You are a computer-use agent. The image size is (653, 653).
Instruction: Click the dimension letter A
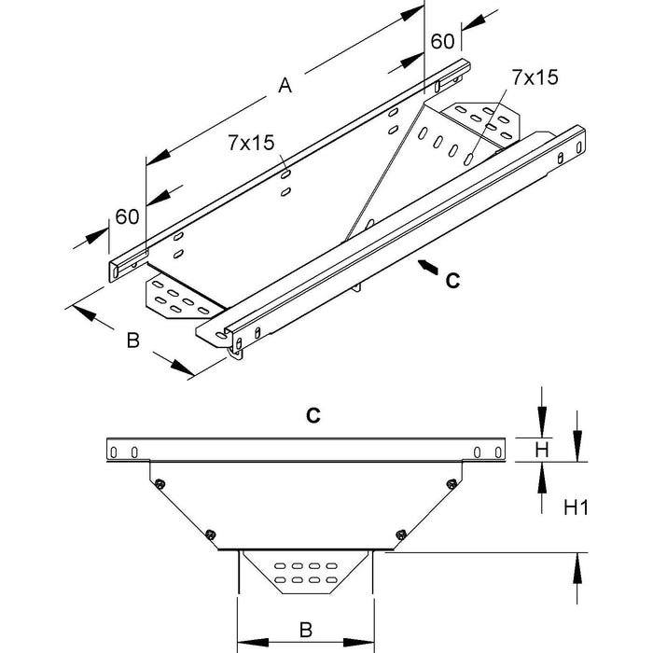(x=285, y=87)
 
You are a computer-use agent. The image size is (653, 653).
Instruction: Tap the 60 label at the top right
(x=441, y=41)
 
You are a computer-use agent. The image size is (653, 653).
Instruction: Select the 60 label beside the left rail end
(x=127, y=216)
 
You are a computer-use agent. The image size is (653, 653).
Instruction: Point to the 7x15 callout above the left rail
(x=249, y=143)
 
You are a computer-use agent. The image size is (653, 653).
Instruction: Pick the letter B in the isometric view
(x=132, y=342)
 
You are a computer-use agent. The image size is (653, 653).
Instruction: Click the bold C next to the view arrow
(x=452, y=278)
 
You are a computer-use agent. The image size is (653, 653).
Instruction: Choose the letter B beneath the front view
(x=305, y=630)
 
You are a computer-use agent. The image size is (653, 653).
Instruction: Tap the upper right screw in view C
(x=452, y=482)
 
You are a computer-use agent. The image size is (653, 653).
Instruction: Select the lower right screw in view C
(x=401, y=534)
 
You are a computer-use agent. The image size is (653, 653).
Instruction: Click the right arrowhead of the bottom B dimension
(x=365, y=642)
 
